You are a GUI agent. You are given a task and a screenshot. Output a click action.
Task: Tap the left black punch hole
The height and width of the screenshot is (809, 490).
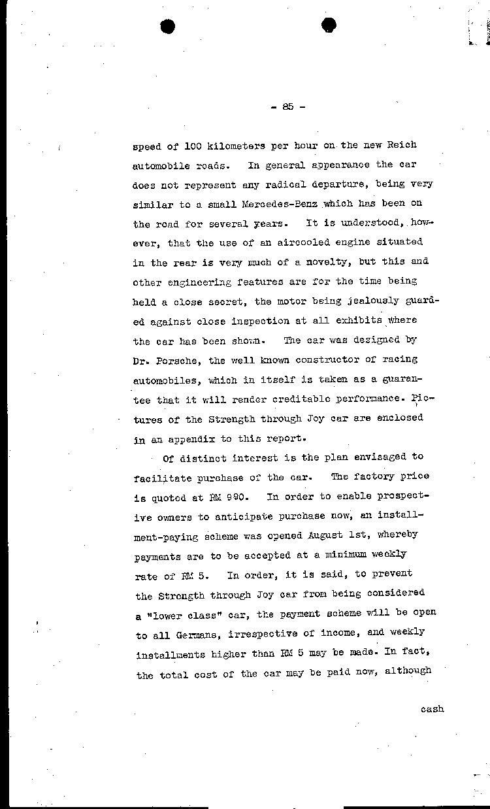(169, 26)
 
